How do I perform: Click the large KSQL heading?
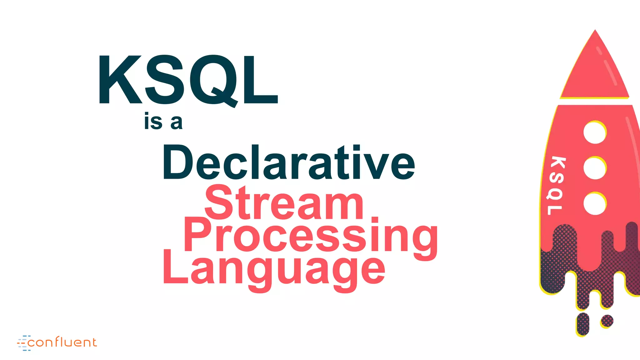[x=188, y=80]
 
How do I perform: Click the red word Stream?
[x=284, y=203]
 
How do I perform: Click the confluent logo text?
[x=62, y=342]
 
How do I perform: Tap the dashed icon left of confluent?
[x=23, y=343]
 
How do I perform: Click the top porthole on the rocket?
[x=595, y=132]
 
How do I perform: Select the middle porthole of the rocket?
[x=595, y=168]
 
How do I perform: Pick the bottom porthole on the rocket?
[x=595, y=204]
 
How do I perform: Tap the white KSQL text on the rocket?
[x=556, y=186]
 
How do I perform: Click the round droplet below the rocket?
[x=607, y=321]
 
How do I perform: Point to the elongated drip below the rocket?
[x=583, y=324]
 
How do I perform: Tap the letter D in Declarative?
[x=177, y=162]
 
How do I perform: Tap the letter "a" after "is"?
[x=176, y=122]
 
